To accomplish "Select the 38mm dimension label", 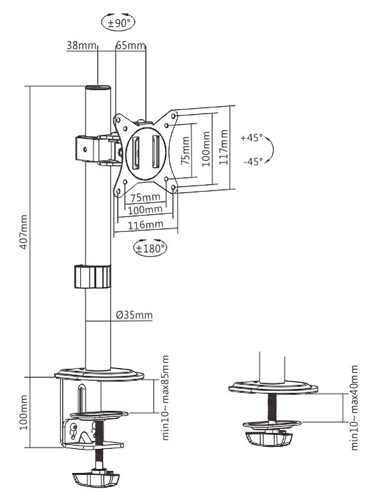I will click(82, 45).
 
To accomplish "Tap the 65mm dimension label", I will click(130, 45).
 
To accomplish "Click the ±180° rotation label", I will click(150, 248).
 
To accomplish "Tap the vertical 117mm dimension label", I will click(223, 148).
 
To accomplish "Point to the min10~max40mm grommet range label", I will click(354, 407).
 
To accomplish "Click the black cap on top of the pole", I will click(98, 88).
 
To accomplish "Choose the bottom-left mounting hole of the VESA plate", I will click(118, 192).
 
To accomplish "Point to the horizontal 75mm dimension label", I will click(144, 197).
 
